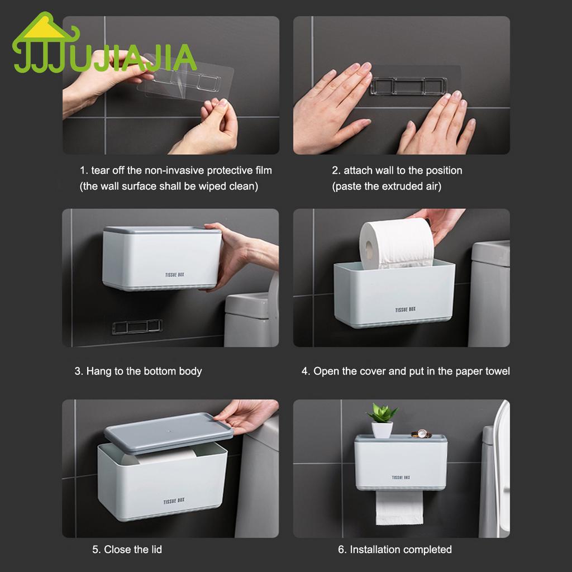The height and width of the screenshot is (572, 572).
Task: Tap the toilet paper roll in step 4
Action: pos(397,243)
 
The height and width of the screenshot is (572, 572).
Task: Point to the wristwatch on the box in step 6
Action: pos(422,433)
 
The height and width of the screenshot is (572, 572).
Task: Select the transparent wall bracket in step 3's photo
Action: pos(137,327)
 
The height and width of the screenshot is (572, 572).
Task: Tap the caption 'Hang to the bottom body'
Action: pos(139,371)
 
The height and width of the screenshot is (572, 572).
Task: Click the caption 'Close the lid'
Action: pos(127,550)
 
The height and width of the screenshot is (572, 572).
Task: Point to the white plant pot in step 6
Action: pos(382,430)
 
